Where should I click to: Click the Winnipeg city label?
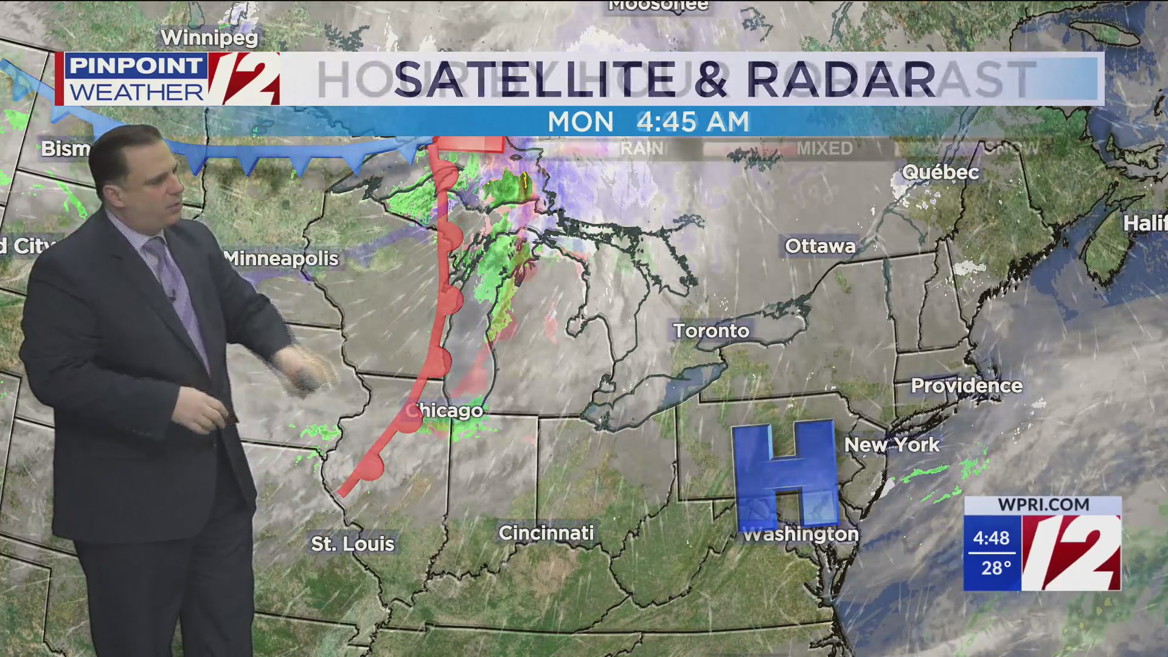tap(209, 38)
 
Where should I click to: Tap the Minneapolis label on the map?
tap(281, 259)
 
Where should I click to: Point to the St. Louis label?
tap(352, 543)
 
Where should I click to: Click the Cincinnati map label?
tap(546, 533)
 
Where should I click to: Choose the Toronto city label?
tap(711, 331)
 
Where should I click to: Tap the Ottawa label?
tap(820, 246)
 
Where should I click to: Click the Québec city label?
tap(940, 172)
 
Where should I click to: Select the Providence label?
tap(966, 386)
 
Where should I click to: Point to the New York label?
tap(891, 445)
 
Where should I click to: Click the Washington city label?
tap(801, 535)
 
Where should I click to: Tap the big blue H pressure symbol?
tap(785, 474)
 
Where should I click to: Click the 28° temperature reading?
tap(995, 568)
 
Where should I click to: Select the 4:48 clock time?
tap(991, 538)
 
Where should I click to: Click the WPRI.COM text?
tap(1043, 505)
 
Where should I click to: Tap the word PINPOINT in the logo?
tap(136, 66)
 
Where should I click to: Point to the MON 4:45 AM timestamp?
tap(648, 122)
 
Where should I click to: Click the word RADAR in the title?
tap(841, 79)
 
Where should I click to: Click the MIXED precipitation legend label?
tap(824, 148)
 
